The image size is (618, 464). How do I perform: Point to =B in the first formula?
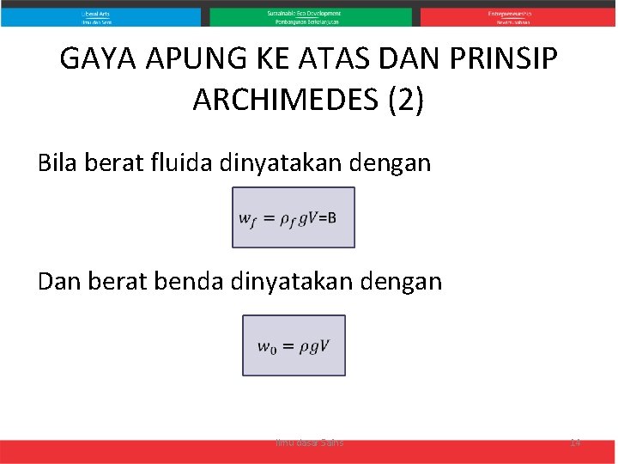pos(327,217)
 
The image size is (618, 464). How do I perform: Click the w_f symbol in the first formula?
pos(246,219)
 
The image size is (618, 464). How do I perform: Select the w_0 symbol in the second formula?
pos(266,347)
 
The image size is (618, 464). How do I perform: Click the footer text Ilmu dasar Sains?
pos(309,442)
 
